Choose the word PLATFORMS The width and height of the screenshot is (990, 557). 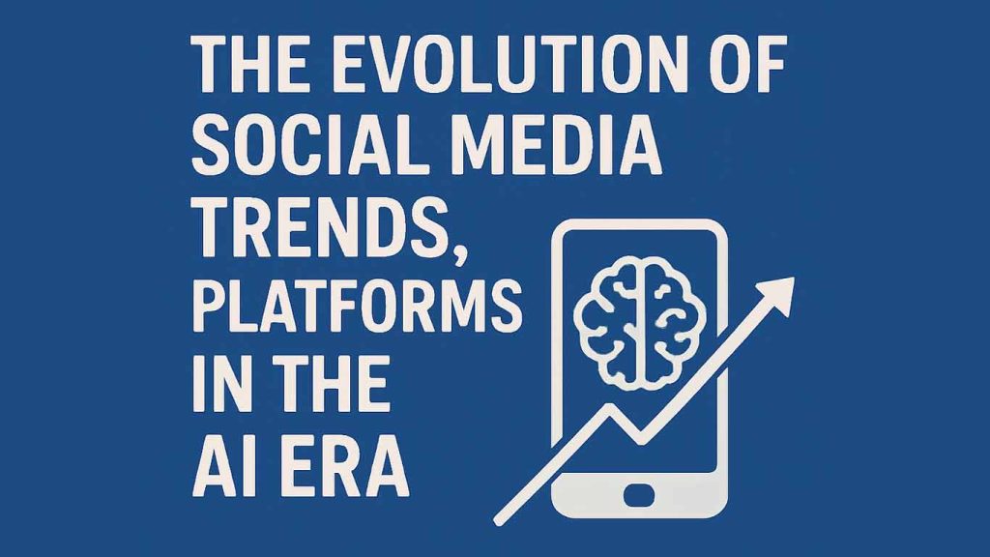357,307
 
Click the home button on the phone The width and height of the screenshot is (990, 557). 639,494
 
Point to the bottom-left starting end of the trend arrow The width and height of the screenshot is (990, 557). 498,521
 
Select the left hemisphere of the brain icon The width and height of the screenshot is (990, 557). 606,322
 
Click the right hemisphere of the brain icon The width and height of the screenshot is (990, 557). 674,322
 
